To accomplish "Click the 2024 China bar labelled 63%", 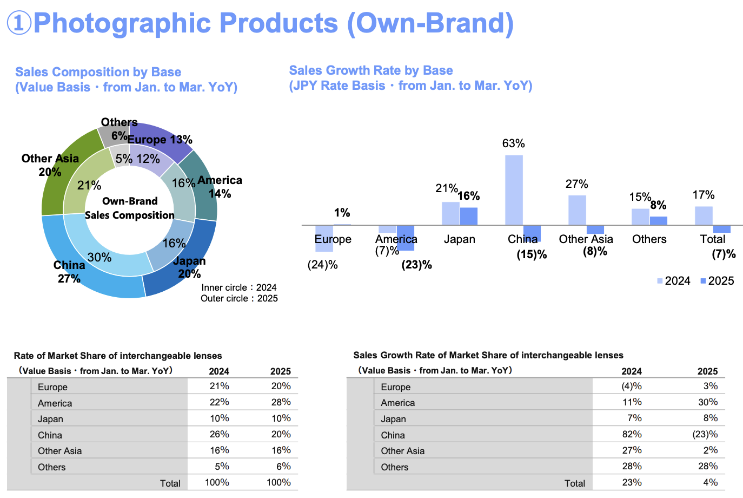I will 514,189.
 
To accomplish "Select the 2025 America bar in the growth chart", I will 406,238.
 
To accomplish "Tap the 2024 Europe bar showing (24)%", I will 324,238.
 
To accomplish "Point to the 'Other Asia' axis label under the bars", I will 586,239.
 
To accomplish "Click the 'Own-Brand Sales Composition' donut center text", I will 130,208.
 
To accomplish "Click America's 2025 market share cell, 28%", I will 281,402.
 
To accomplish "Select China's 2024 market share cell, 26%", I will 219,434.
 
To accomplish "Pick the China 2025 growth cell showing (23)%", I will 705,434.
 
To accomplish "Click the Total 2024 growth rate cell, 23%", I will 632,482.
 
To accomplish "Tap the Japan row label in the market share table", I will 50,419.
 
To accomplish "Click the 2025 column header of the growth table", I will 707,371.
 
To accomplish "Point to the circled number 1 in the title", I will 19,23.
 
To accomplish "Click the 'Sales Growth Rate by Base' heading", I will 371,70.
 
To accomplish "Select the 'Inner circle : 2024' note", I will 239,287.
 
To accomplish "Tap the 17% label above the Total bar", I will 704,195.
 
